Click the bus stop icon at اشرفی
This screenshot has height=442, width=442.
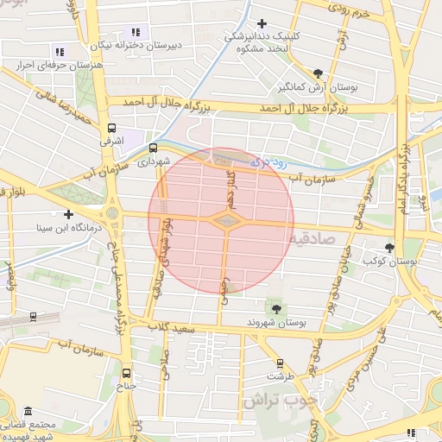click(110, 125)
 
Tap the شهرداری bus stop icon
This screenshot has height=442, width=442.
click(153, 148)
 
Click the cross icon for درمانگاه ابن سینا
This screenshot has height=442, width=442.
click(68, 214)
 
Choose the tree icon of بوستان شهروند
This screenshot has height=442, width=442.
click(275, 308)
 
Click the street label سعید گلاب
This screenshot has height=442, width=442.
click(165, 327)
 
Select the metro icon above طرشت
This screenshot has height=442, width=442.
click(279, 363)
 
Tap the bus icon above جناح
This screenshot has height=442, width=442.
click(127, 373)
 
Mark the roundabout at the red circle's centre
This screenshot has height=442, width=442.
click(224, 223)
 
